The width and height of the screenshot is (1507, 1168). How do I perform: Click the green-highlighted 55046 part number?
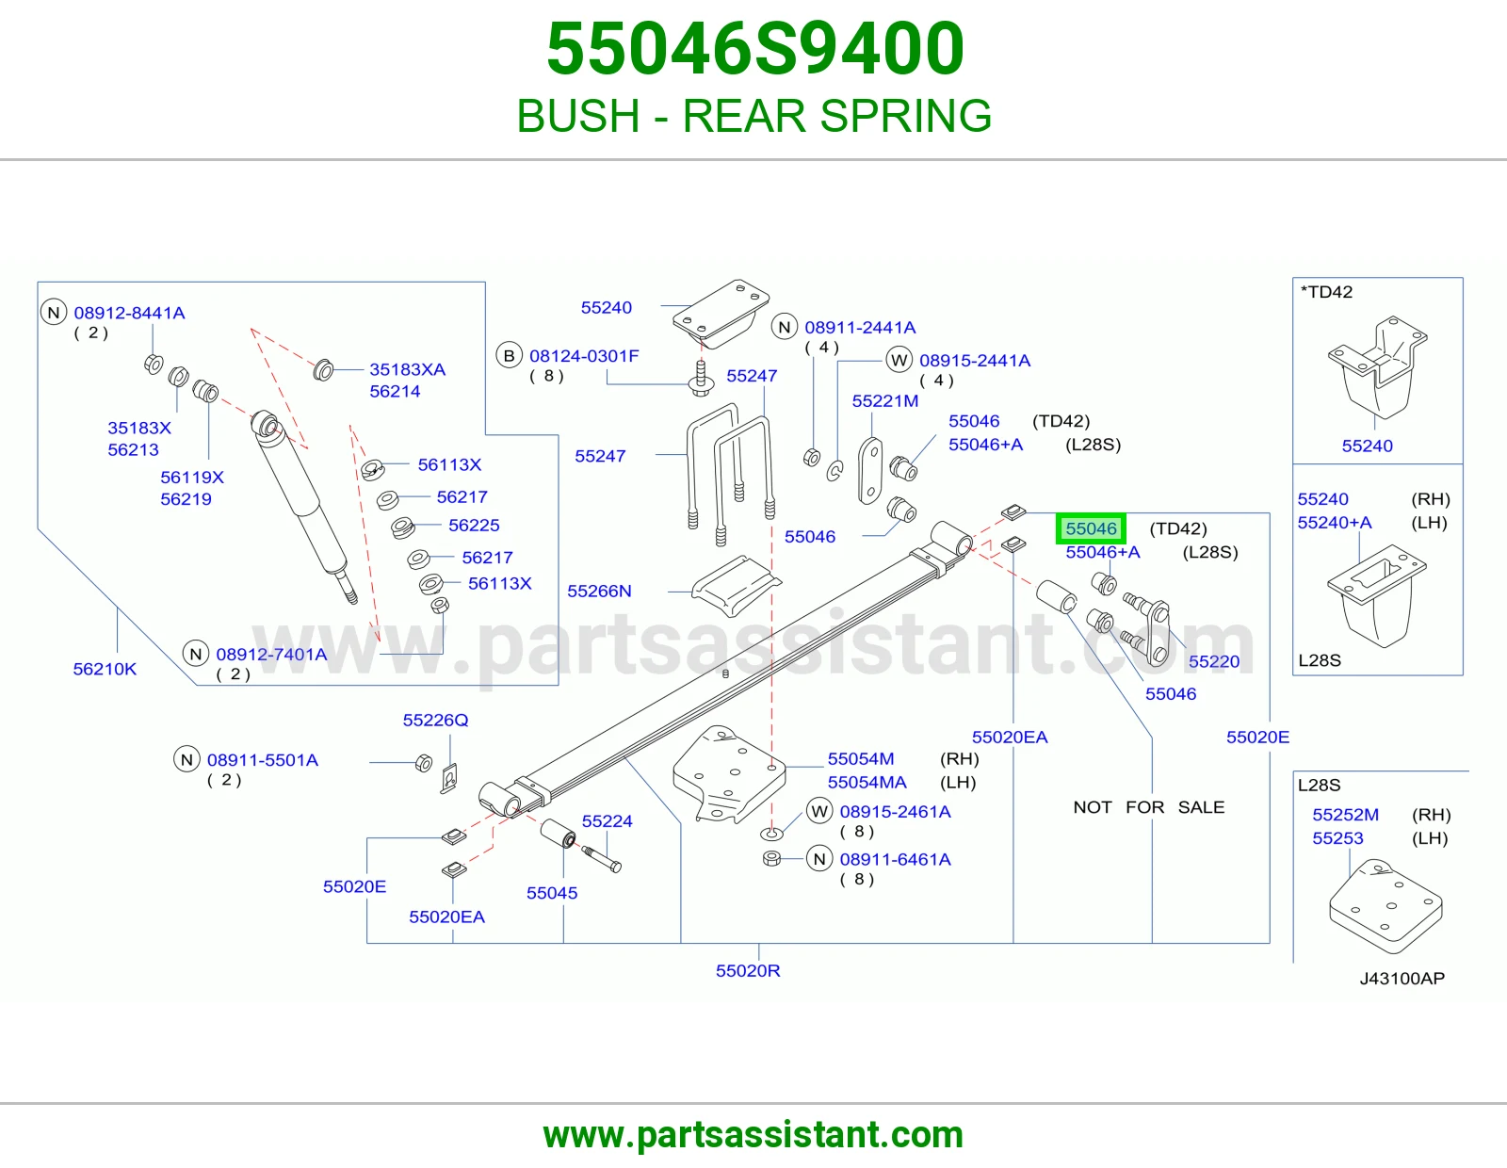coord(1091,529)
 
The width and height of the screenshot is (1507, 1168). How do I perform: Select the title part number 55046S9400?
coord(755,48)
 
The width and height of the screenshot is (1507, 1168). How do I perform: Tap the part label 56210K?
coord(105,670)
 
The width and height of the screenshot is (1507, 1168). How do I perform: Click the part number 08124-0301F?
coord(584,356)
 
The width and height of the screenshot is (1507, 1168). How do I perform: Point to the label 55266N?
coord(599,591)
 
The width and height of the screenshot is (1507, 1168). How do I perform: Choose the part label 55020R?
coord(748,970)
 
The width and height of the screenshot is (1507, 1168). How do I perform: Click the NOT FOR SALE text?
coord(1148,807)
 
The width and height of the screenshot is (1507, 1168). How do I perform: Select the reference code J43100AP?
coord(1402,979)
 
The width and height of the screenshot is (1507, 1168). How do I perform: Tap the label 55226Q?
coord(435,721)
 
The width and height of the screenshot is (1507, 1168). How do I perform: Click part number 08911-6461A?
coord(896,859)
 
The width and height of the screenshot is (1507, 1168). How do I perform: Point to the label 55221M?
coord(885,401)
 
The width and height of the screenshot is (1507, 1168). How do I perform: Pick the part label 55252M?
coord(1345,815)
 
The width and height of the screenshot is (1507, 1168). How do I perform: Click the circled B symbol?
coord(509,356)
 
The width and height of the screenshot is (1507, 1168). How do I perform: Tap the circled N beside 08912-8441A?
coord(54,312)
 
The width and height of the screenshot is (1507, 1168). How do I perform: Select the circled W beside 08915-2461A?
coord(819,812)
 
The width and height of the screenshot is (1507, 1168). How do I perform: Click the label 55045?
coord(551,893)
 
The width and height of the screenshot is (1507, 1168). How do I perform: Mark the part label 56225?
coord(474,525)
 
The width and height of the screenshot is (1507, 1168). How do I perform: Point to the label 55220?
coord(1214,661)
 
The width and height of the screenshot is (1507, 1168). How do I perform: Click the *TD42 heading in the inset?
coord(1326,292)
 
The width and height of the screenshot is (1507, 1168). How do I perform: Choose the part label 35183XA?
coord(407,369)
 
